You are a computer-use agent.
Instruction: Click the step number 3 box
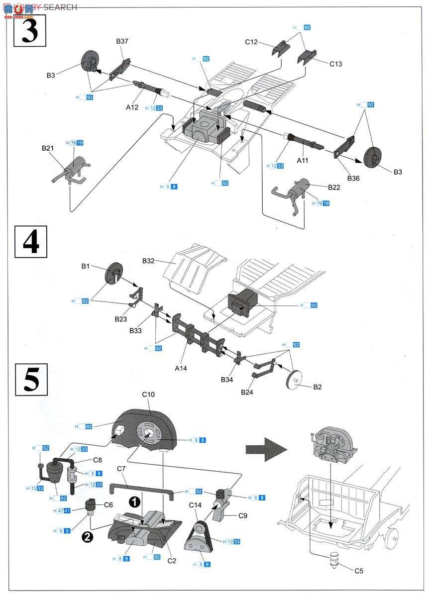point(30,31)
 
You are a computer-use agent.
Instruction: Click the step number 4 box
point(31,242)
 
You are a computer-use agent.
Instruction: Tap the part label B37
point(122,41)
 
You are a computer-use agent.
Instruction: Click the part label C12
point(251,42)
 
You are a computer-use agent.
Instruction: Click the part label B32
point(149,261)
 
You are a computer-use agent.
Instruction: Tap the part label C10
point(149,395)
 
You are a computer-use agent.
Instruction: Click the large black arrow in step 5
point(266,449)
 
